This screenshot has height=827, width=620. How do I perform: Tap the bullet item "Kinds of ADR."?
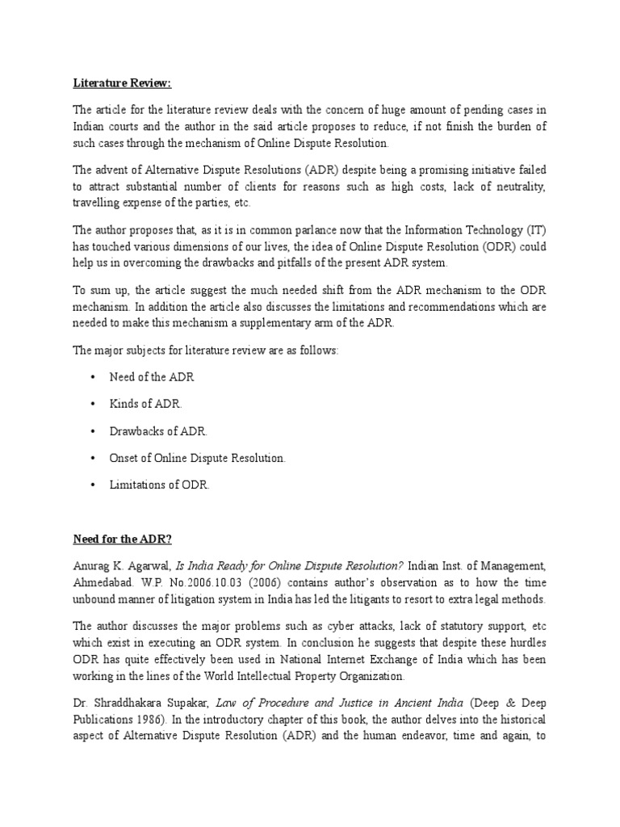click(146, 404)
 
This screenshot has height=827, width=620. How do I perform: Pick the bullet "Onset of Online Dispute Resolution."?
click(198, 458)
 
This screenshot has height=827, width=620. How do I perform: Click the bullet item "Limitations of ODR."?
click(159, 485)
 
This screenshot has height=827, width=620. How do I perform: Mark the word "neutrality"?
click(517, 187)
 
